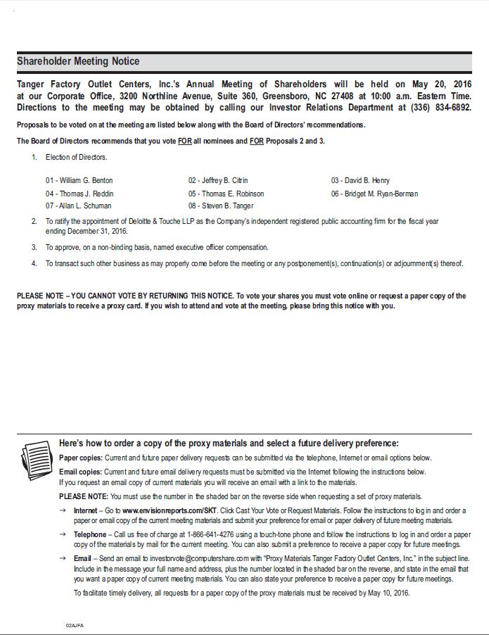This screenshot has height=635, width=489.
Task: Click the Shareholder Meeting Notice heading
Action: click(x=78, y=61)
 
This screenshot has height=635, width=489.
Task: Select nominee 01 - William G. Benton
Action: click(x=80, y=180)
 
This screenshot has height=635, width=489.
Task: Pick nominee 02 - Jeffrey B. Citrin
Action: click(x=218, y=180)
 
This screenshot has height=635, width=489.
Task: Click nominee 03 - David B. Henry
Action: click(x=360, y=180)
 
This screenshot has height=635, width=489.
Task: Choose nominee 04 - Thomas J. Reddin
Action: click(x=80, y=193)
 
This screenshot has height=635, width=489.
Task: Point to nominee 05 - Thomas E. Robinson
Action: click(x=226, y=193)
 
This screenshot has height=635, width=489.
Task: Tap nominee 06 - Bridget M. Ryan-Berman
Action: click(x=374, y=193)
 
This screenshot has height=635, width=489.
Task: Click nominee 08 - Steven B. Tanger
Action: click(x=221, y=206)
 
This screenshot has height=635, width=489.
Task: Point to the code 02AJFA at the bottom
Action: click(x=74, y=624)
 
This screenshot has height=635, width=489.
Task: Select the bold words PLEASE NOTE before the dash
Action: click(x=39, y=296)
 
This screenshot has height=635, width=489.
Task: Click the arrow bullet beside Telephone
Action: click(x=63, y=535)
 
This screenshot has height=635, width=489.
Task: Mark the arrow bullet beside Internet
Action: click(x=63, y=510)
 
